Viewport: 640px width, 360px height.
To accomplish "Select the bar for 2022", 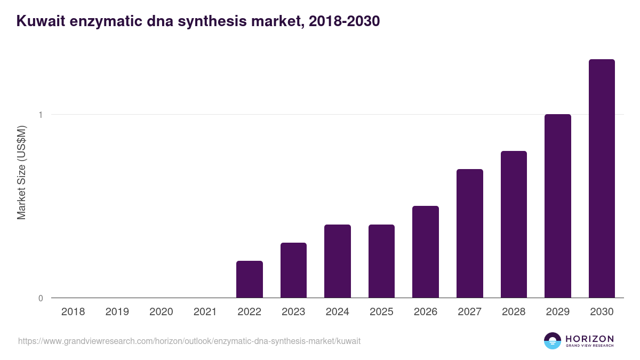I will pos(250,279).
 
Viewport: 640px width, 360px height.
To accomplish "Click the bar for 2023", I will pos(293,270).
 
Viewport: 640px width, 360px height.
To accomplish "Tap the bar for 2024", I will pos(338,261).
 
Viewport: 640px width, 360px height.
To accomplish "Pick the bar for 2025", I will pos(381,261).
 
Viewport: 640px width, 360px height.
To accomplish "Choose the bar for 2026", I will pos(426,252).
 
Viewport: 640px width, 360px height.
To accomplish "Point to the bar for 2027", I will pos(470,233).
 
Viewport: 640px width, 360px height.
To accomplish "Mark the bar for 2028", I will pos(514,224).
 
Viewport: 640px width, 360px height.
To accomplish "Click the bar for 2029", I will pos(558,206).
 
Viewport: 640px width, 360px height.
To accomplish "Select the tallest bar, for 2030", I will pos(602,178).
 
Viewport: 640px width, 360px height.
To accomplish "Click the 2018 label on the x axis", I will pos(73,312).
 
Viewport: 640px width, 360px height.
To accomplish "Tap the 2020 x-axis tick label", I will pos(161,312).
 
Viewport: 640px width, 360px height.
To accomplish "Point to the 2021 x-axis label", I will pos(205,312).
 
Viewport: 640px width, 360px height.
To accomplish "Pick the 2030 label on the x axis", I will pos(602,312).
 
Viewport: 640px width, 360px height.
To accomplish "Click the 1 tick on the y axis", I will pos(41,115).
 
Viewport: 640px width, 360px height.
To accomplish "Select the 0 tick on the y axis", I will pos(41,298).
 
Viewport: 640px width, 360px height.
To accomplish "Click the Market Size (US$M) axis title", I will pos(21,172).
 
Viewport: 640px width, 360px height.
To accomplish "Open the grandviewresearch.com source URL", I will pos(189,341).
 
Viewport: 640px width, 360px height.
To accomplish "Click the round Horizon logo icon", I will pos(553,341).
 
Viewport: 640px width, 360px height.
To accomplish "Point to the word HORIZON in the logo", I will pos(589,339).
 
